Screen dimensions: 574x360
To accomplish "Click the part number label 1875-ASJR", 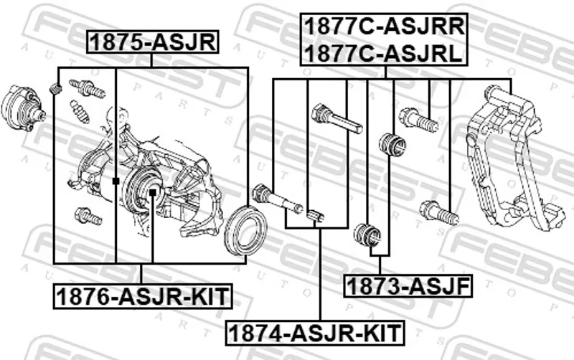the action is point(152,42).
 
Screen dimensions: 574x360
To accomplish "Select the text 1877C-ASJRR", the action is point(384,27).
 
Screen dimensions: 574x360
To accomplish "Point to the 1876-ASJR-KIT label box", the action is point(143,296).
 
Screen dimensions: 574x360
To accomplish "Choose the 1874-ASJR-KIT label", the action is point(315,333).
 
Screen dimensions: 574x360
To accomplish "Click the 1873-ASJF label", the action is point(408,285).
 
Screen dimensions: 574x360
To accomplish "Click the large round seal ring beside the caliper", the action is point(245,231).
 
